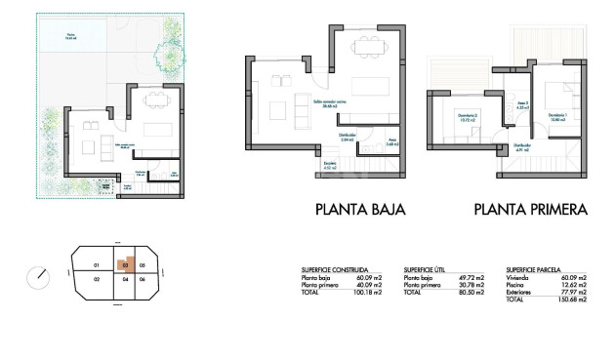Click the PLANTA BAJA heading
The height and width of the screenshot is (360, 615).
tap(359, 209)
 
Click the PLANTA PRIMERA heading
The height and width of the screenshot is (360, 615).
tap(530, 209)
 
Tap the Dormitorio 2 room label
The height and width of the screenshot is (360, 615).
tap(468, 121)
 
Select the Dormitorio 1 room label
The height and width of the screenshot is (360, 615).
tap(557, 116)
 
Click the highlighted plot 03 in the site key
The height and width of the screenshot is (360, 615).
tap(124, 264)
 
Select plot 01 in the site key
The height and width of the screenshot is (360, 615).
tap(96, 265)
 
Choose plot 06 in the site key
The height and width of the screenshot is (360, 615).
tap(142, 280)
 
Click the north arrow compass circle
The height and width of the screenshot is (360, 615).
tap(39, 276)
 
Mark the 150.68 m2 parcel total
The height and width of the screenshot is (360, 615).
tap(573, 300)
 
